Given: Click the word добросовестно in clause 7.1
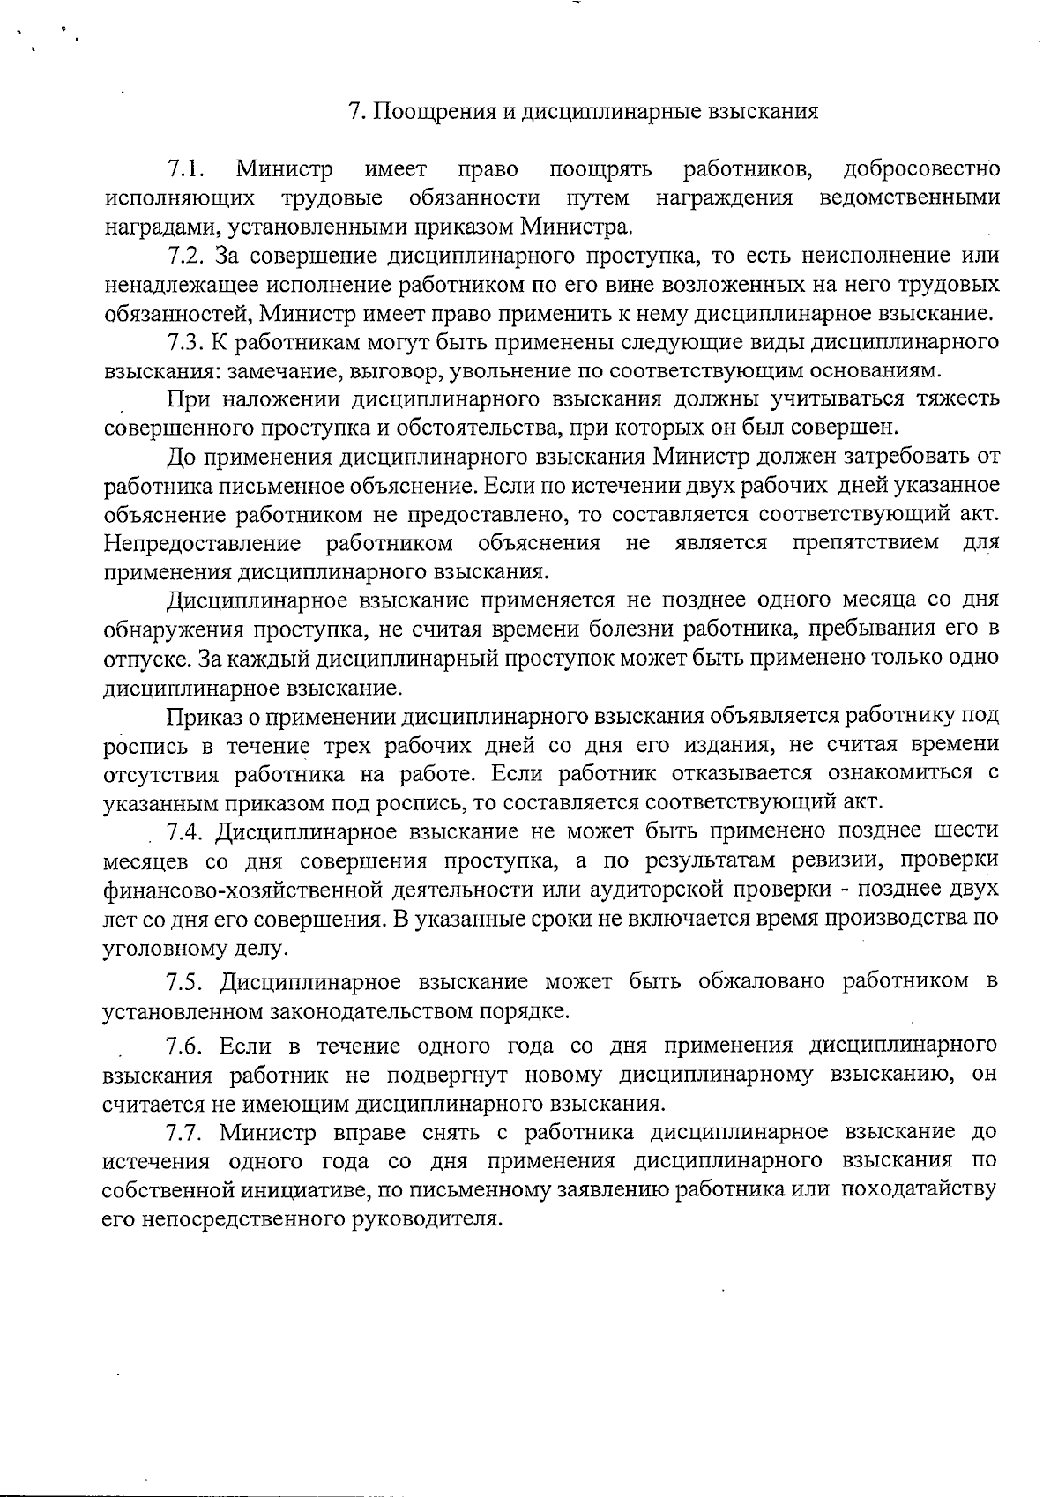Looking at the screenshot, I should (x=921, y=168).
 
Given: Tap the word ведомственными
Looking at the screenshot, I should (x=910, y=197).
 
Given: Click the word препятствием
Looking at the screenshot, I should (x=865, y=541).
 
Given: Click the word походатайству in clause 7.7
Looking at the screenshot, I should (x=919, y=1189).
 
